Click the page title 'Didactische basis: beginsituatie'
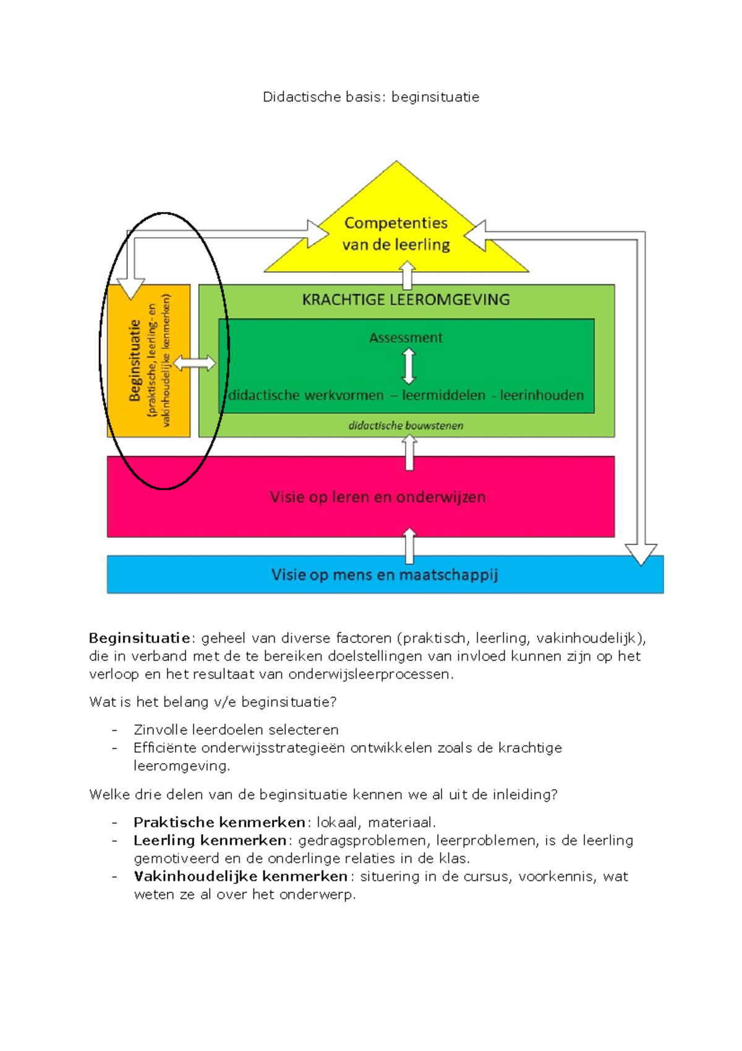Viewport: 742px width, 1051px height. (371, 97)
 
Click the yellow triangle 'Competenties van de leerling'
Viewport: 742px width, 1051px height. (396, 234)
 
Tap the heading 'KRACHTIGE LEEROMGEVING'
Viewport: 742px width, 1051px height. (406, 300)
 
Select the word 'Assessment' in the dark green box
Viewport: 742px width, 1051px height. (406, 338)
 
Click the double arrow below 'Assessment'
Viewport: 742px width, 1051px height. (409, 366)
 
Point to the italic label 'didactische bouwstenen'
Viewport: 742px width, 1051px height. (406, 426)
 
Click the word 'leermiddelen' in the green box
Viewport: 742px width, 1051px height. (443, 396)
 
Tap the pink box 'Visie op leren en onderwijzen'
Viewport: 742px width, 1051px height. (377, 497)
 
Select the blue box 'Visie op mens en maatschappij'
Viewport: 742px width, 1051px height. (385, 575)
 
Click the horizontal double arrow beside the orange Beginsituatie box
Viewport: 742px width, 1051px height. (195, 363)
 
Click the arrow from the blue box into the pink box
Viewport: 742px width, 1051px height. (409, 545)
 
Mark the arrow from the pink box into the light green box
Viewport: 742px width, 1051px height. (409, 452)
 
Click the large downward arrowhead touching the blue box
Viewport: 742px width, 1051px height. (641, 553)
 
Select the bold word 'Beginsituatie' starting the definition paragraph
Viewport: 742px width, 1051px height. (139, 638)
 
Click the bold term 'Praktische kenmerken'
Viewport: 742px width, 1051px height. (219, 823)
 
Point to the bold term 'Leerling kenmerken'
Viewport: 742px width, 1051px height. (210, 841)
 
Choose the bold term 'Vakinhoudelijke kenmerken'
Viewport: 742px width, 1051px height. (241, 876)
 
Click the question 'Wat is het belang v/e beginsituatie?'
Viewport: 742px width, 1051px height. (213, 702)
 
